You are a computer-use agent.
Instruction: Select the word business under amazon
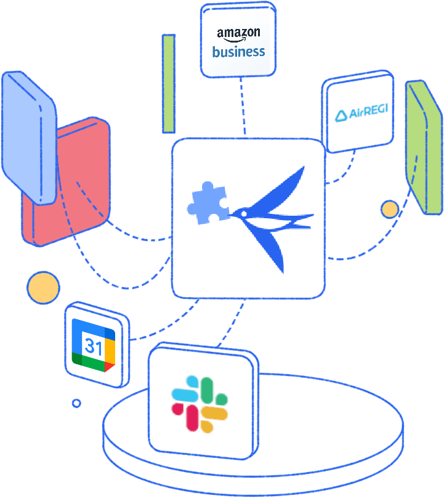pos(238,52)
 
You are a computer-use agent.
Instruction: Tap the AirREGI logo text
pos(361,113)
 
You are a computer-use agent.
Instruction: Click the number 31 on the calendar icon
pos(94,347)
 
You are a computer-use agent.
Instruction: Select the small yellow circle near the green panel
pos(389,210)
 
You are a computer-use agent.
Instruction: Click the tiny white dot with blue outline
pos(76,403)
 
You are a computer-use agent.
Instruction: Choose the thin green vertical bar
pos(168,83)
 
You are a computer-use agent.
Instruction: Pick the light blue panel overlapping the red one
pos(28,136)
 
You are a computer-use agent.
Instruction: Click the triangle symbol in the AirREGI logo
pos(341,114)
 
